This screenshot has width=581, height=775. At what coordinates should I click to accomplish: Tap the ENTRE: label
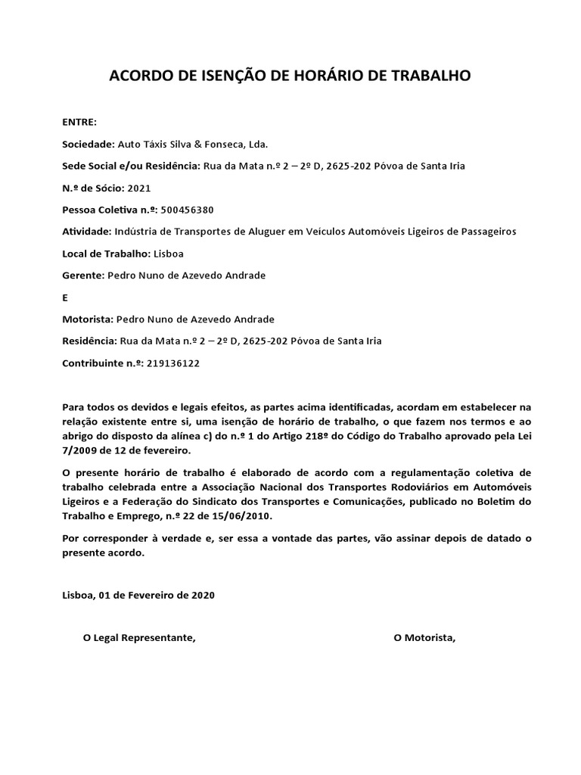click(x=79, y=123)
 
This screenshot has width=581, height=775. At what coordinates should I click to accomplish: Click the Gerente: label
click(x=83, y=275)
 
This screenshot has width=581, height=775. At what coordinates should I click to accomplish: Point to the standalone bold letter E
click(x=65, y=297)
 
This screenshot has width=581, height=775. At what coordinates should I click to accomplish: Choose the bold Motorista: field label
click(x=88, y=319)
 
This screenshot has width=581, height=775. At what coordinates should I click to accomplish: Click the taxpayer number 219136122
click(x=174, y=363)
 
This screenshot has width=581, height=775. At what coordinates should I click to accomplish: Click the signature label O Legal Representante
click(x=139, y=638)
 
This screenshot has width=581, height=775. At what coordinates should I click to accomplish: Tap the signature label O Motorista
click(x=424, y=638)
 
